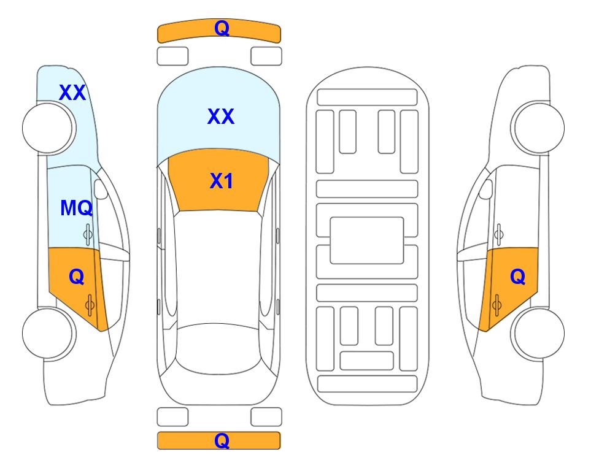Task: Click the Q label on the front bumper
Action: pyautogui.click(x=222, y=28)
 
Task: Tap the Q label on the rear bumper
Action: pyautogui.click(x=222, y=440)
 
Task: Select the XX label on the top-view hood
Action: pyautogui.click(x=221, y=117)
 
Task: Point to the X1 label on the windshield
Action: pyautogui.click(x=222, y=181)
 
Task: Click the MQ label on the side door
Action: pyautogui.click(x=77, y=208)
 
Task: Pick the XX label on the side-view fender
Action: pyautogui.click(x=72, y=93)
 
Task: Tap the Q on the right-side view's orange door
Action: pyautogui.click(x=517, y=277)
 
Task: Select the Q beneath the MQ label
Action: pyautogui.click(x=77, y=277)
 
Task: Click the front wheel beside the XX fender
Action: pyautogui.click(x=48, y=128)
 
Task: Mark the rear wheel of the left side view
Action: pyautogui.click(x=48, y=333)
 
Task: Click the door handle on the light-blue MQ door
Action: pyautogui.click(x=88, y=234)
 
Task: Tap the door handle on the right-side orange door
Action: pyautogui.click(x=496, y=305)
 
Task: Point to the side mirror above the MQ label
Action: pyautogui.click(x=100, y=189)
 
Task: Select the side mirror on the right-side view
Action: pyautogui.click(x=486, y=189)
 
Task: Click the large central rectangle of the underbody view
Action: pyautogui.click(x=367, y=240)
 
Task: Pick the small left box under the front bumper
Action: pyautogui.click(x=172, y=56)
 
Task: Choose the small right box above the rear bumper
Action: pyautogui.click(x=266, y=417)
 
